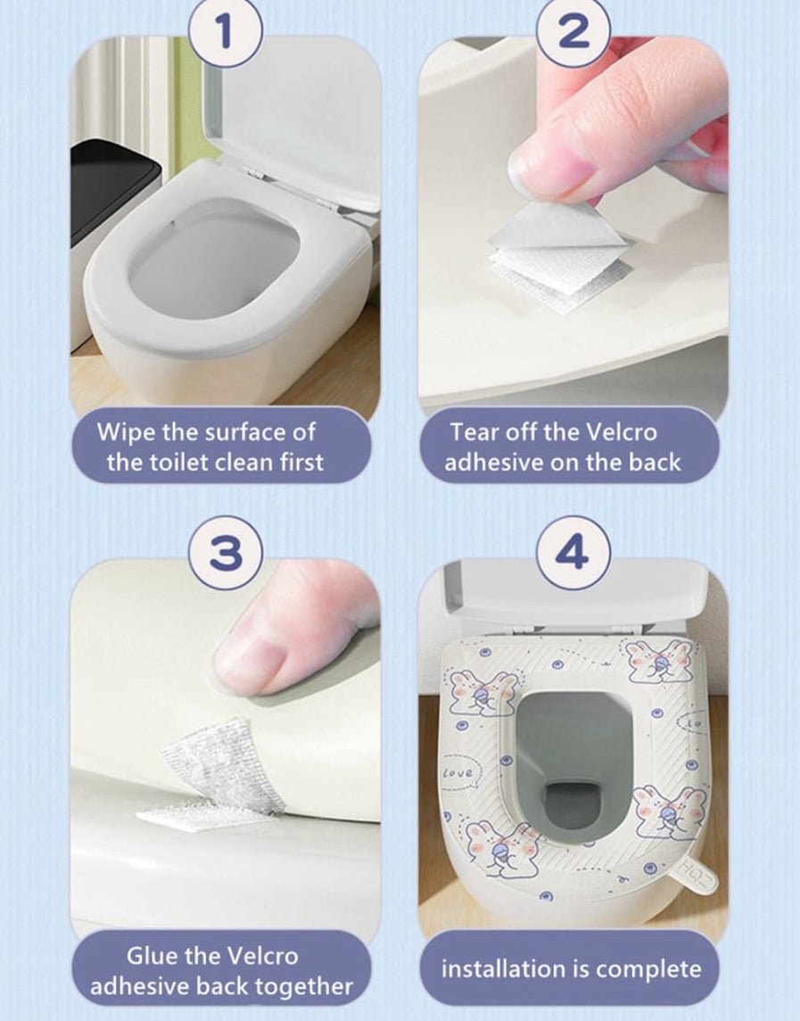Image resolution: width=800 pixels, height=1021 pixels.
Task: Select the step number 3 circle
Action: pos(225,554)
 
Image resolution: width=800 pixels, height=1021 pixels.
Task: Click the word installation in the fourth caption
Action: pos(504,969)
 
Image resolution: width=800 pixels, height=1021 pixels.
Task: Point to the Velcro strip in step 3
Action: pos(214,776)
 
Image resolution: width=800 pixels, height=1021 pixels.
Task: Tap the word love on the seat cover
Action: pos(458,772)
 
